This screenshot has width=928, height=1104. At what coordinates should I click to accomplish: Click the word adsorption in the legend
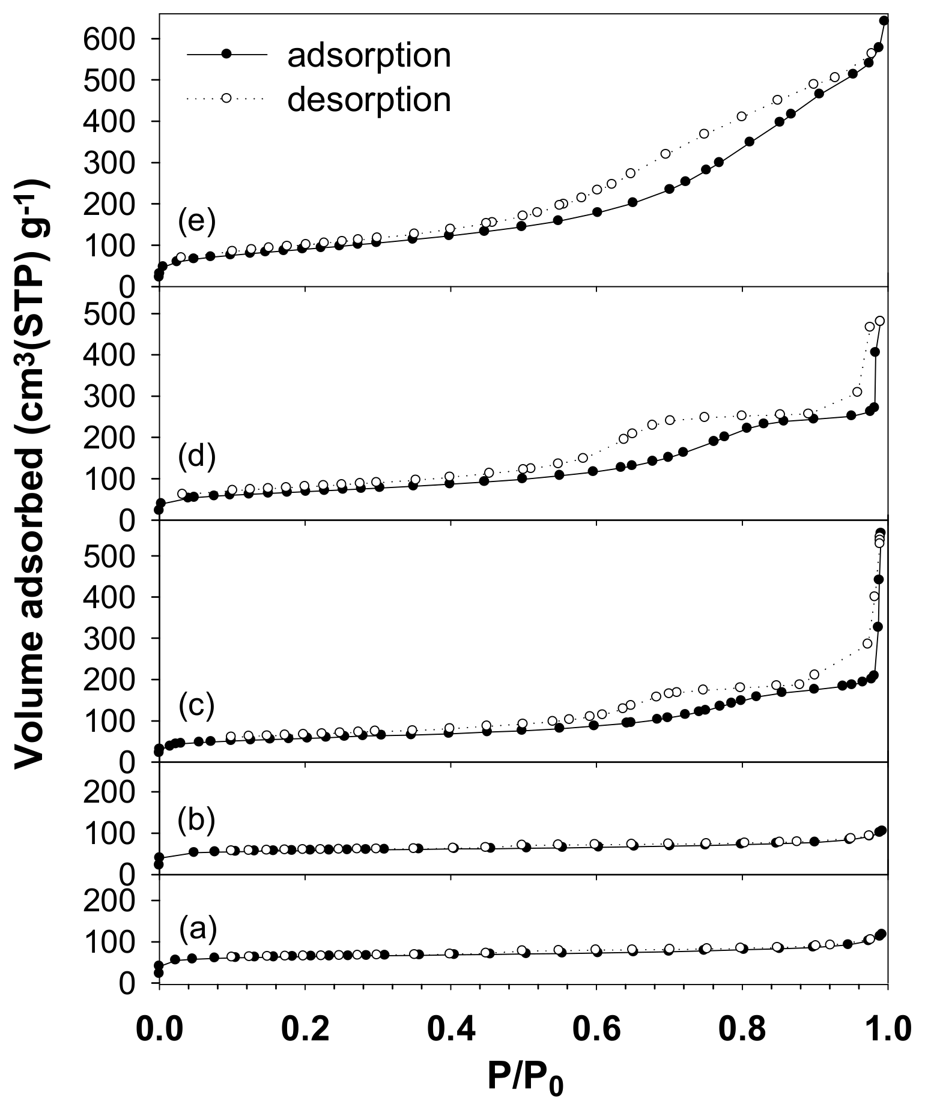[x=369, y=56]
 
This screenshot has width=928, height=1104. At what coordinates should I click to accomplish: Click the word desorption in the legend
[x=369, y=100]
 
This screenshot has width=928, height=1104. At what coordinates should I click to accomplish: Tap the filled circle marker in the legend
[x=226, y=54]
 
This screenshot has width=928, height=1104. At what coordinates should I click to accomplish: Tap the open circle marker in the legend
[x=226, y=98]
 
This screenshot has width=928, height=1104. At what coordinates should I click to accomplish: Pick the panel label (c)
[x=196, y=706]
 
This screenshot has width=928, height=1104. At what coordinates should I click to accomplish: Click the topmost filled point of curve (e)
[x=884, y=20]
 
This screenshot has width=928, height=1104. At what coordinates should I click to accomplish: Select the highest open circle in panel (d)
[x=880, y=321]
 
